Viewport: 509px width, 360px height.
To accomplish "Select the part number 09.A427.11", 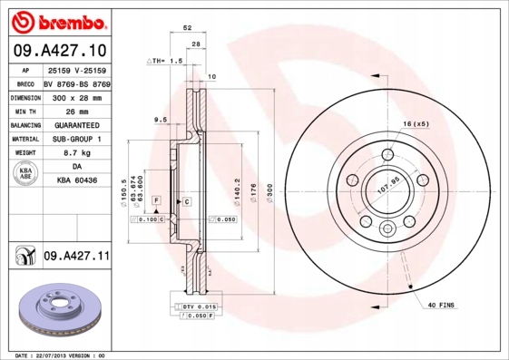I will pyautogui.click(x=76, y=257).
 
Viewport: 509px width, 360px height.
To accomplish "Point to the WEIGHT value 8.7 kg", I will pyautogui.click(x=76, y=154).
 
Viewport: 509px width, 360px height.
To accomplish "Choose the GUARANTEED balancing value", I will pyautogui.click(x=76, y=125).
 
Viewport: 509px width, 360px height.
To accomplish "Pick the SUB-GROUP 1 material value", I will pyautogui.click(x=76, y=140).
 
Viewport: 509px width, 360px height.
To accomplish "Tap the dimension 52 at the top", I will pyautogui.click(x=187, y=28).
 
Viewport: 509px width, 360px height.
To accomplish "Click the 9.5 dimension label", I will pyautogui.click(x=160, y=120).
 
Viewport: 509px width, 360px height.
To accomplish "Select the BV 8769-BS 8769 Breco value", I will pyautogui.click(x=76, y=82).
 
